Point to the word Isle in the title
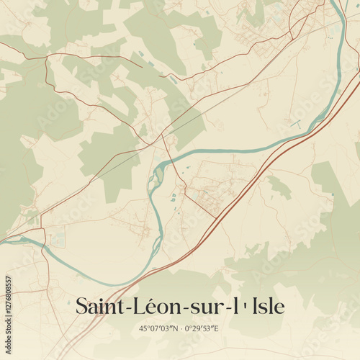(268, 306)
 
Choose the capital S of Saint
(81, 306)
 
